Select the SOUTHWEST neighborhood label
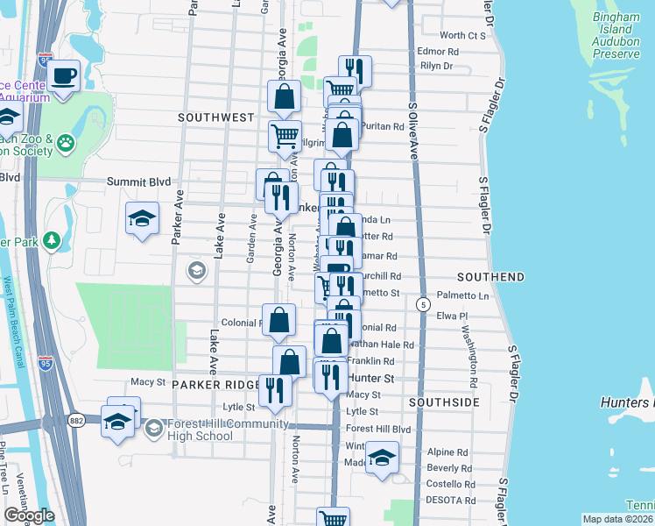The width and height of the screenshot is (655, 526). [215, 117]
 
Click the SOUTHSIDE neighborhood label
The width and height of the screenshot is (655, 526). [444, 402]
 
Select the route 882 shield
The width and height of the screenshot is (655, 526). [77, 420]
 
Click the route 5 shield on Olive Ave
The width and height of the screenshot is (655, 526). [423, 304]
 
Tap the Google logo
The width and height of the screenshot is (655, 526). [29, 515]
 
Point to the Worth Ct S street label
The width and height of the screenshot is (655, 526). [462, 35]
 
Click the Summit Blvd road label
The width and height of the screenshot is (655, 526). [137, 181]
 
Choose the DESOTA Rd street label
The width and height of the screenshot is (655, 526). [452, 501]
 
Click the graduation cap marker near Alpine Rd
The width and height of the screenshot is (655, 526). [381, 458]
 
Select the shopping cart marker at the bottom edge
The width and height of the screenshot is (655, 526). [333, 518]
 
